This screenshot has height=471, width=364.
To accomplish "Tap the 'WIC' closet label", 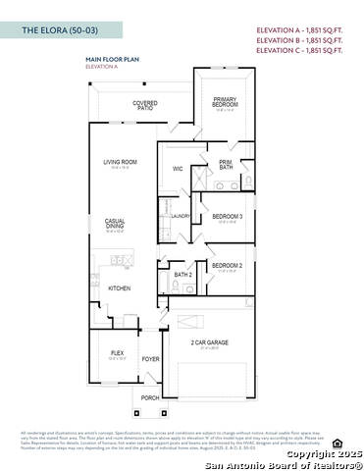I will coord(178,169).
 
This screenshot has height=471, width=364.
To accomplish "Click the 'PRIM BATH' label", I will coord(227,165).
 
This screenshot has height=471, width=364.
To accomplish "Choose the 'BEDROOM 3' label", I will coord(228,216).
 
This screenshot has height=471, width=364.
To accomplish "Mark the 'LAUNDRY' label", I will coord(182,217).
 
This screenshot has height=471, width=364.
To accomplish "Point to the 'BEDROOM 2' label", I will coord(227,265).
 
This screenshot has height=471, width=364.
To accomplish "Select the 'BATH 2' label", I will coord(182,276).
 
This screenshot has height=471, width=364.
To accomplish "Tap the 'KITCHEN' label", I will coord(120,288).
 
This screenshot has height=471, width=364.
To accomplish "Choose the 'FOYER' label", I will coord(150,360).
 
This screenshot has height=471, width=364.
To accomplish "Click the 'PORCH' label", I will coord(149,398).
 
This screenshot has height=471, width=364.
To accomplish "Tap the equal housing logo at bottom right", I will coord(338,442).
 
